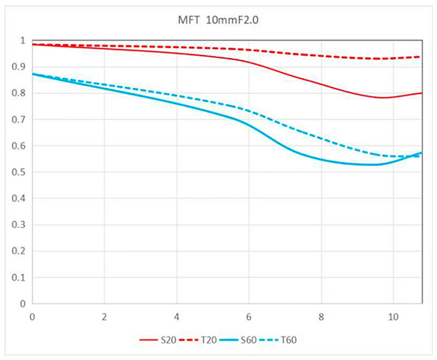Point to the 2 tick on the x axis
[105, 316]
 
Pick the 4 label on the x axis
[177, 316]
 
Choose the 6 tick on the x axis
[249, 316]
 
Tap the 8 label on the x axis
[322, 316]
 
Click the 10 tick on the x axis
[393, 316]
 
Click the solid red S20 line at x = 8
[322, 84]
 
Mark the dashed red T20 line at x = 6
[249, 49]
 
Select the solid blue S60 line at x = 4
[177, 104]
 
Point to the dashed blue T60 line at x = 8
[322, 139]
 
